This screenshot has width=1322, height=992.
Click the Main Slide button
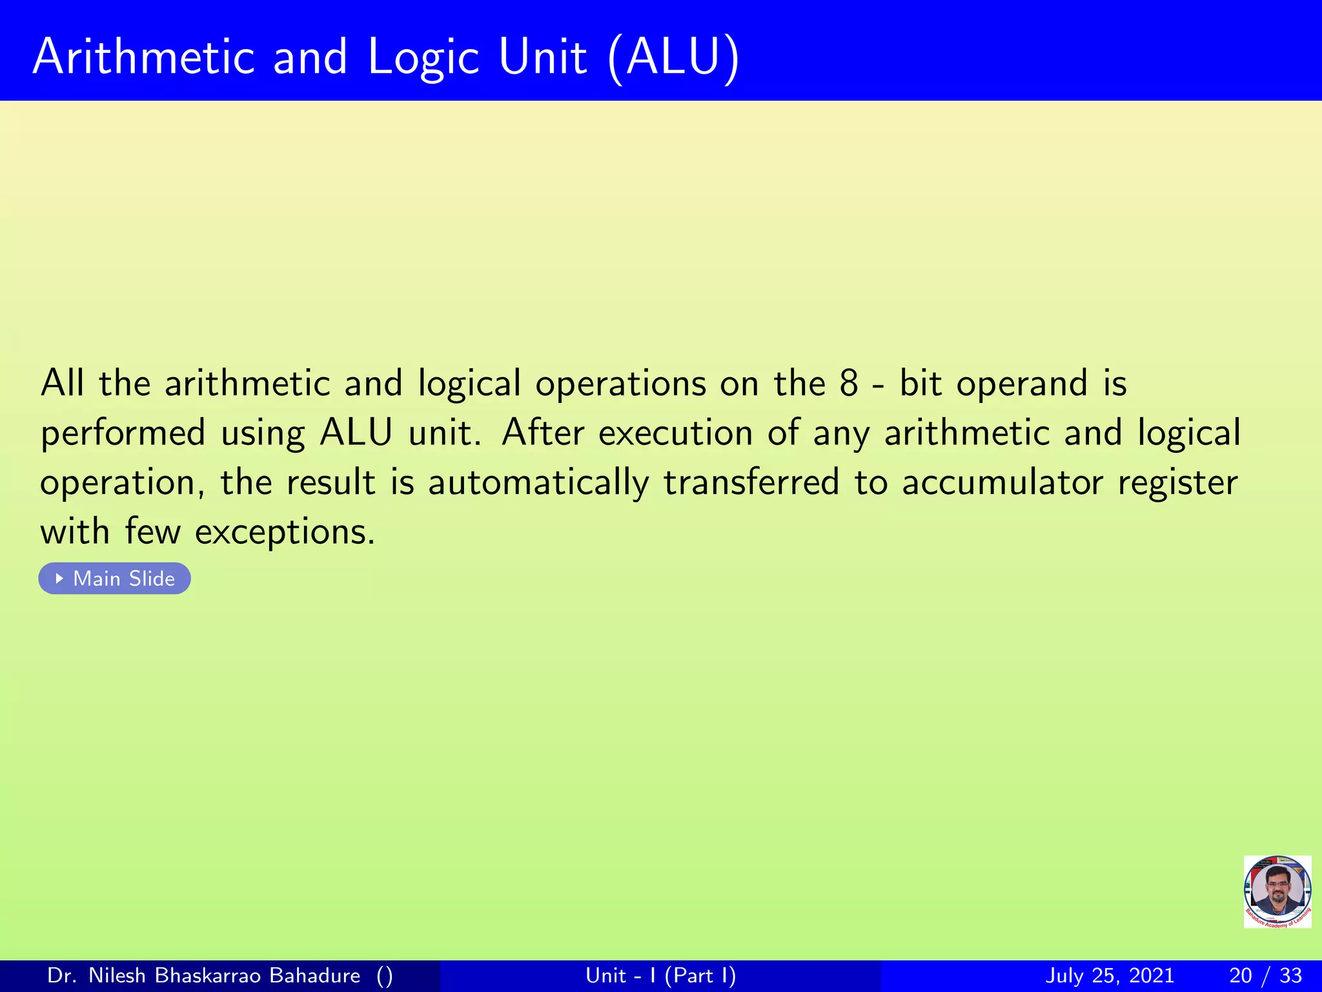[x=115, y=578]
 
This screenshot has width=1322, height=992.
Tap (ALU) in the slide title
[x=673, y=58]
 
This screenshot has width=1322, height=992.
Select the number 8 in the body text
[x=848, y=383]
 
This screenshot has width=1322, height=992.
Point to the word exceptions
[x=285, y=533]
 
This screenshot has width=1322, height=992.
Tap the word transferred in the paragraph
[x=751, y=482]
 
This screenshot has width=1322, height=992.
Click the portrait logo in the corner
[x=1277, y=891]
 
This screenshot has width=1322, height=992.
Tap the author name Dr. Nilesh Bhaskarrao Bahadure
[x=204, y=975]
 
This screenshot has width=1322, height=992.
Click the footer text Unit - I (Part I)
[x=660, y=975]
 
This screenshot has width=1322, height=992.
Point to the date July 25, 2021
[x=1109, y=975]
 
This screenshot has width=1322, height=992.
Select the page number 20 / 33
[x=1265, y=975]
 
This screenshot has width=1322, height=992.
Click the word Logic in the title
[x=423, y=58]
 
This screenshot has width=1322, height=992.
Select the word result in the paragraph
[x=330, y=482]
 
